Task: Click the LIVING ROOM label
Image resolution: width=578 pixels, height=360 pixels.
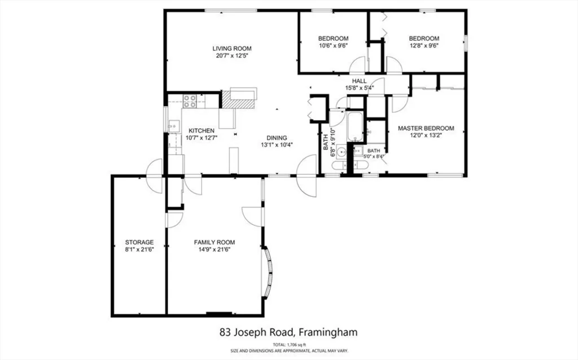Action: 232,48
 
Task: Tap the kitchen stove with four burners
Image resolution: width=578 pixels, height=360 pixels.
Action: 190,101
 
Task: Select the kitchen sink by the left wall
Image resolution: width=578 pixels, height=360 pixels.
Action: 173,125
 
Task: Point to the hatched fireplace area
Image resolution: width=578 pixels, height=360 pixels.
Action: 230,99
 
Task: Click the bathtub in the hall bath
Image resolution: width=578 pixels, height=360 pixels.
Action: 355,128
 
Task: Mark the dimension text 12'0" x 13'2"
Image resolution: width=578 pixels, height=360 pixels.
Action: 426,137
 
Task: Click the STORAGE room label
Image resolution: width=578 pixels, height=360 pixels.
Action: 139,242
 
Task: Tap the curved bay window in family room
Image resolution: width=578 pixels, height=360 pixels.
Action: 268,273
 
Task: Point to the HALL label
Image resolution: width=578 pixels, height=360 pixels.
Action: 360,81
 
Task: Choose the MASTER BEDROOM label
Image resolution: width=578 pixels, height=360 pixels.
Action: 426,128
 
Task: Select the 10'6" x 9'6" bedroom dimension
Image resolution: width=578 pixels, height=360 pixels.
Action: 333,46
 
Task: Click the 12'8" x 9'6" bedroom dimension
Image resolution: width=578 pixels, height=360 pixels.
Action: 424,46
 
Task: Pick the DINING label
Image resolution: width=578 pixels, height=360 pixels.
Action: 277,137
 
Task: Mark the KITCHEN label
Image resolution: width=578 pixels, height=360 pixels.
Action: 201,130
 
